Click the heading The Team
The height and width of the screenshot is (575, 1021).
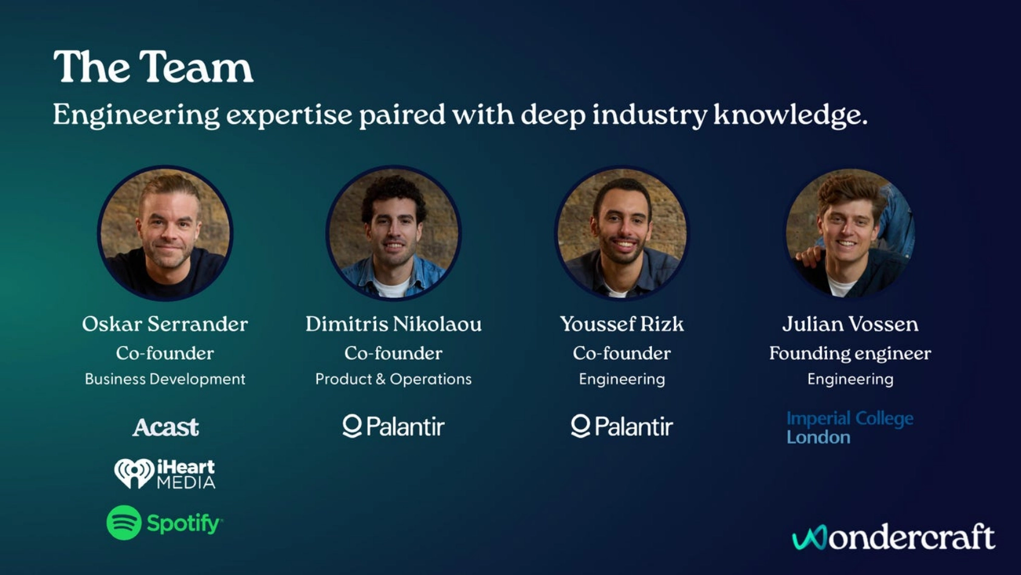click(153, 67)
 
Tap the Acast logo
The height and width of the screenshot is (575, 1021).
click(165, 427)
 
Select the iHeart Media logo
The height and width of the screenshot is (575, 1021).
click(165, 473)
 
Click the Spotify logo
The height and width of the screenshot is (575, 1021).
click(165, 523)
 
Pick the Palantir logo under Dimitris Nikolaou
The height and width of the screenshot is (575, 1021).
click(393, 426)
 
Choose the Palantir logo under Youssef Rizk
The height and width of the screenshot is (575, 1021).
click(622, 426)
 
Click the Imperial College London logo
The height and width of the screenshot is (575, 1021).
click(850, 428)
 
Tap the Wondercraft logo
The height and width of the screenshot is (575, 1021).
click(893, 537)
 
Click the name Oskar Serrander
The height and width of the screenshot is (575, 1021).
click(165, 324)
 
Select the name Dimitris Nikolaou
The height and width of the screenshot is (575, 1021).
click(393, 324)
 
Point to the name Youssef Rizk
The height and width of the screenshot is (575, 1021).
click(622, 324)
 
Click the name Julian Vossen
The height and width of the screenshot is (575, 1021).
click(851, 324)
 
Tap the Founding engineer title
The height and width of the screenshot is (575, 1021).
click(851, 354)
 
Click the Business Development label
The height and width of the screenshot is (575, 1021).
click(165, 379)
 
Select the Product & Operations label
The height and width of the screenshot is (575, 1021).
click(393, 379)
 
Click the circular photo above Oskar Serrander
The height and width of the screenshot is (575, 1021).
click(165, 233)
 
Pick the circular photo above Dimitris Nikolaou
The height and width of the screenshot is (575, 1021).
click(393, 233)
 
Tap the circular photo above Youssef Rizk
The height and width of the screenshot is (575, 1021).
click(622, 233)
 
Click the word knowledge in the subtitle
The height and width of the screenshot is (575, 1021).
click(790, 115)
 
